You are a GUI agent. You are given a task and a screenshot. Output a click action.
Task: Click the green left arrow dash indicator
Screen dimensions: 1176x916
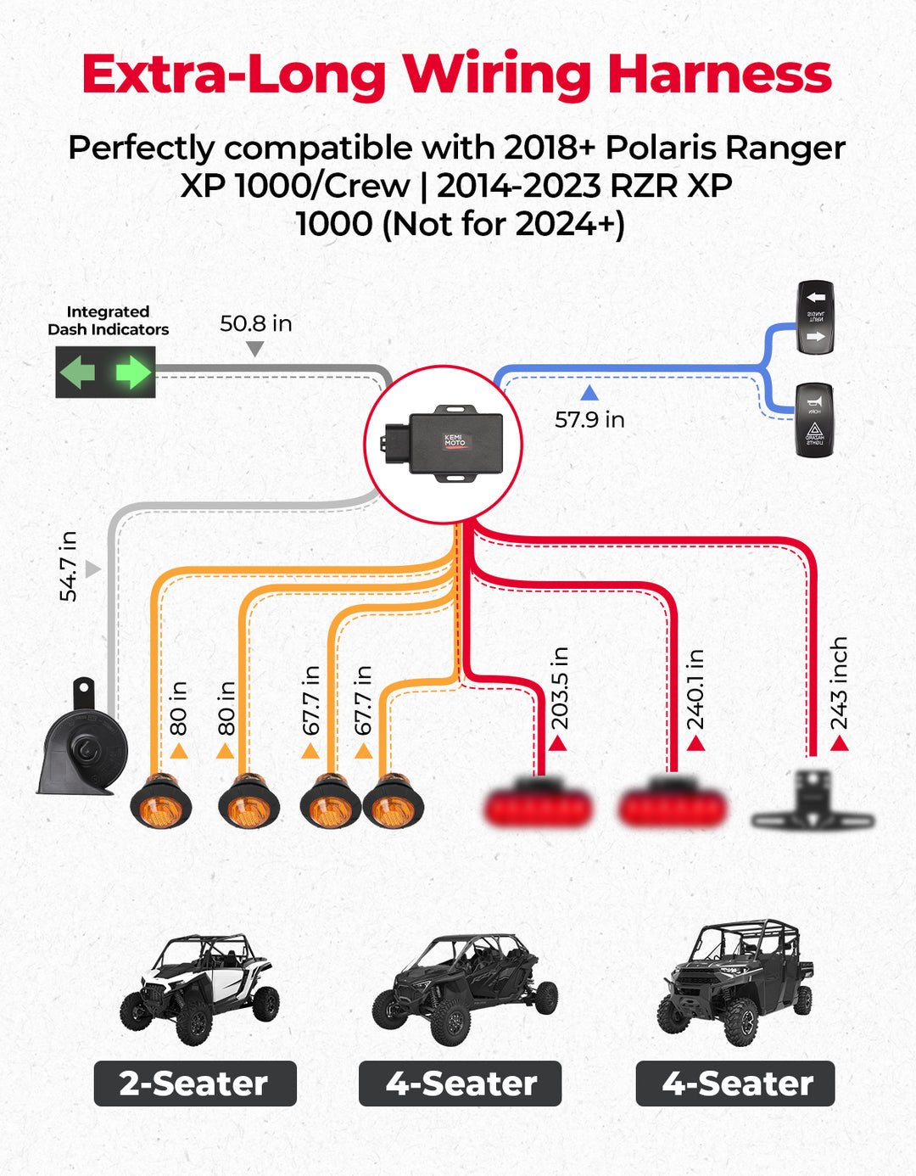pos(78,372)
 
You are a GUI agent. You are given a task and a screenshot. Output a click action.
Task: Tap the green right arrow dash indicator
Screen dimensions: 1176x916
pos(132,372)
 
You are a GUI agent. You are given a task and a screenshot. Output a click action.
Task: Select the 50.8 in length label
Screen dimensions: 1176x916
pos(255,323)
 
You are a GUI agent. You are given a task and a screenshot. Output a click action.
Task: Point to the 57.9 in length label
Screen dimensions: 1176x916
pos(589,419)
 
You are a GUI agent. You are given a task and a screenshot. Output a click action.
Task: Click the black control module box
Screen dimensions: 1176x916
pos(444,443)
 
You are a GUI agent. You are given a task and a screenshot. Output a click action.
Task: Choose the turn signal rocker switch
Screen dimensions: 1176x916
pos(816,317)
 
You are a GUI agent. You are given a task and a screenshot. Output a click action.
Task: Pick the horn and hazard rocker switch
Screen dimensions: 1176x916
pos(814,421)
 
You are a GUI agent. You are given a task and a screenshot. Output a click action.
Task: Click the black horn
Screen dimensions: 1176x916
pos(82,743)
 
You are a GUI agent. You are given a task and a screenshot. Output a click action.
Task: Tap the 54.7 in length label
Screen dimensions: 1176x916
pos(69,566)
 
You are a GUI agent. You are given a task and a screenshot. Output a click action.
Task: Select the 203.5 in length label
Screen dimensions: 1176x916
pos(560,688)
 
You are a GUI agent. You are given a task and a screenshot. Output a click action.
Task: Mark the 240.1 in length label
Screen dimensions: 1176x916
pos(695,689)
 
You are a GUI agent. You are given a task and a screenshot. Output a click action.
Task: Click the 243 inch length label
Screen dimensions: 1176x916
pos(839,683)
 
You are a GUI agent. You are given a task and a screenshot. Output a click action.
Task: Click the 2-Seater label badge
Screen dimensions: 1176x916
pos(195,1084)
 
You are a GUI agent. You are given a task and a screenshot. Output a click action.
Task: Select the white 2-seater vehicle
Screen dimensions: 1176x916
pos(200,988)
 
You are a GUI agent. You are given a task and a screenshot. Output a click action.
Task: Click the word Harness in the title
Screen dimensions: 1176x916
pos(719,75)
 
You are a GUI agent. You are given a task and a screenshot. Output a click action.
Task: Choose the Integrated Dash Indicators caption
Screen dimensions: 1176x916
pos(108,321)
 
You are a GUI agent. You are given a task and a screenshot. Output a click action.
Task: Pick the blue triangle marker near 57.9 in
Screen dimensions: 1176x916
pos(589,393)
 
